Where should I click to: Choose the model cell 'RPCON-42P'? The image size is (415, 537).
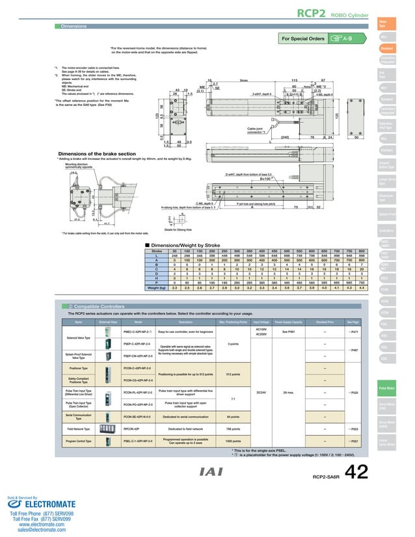[x=133, y=429]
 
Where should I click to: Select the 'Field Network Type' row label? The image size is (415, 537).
[x=79, y=429]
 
